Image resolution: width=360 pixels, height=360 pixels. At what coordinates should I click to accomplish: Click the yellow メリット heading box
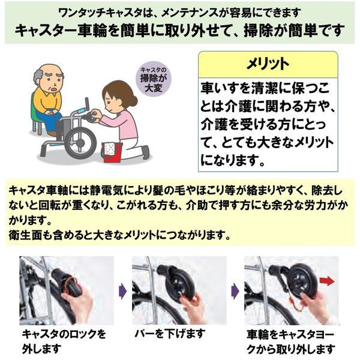(268, 64)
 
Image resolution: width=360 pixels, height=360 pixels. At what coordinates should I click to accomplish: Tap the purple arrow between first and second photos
(122, 292)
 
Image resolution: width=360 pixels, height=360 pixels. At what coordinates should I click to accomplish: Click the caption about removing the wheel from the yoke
(292, 340)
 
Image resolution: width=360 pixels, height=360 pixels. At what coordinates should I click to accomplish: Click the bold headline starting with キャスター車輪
(179, 29)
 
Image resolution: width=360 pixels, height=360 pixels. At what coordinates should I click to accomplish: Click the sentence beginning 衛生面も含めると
(120, 233)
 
